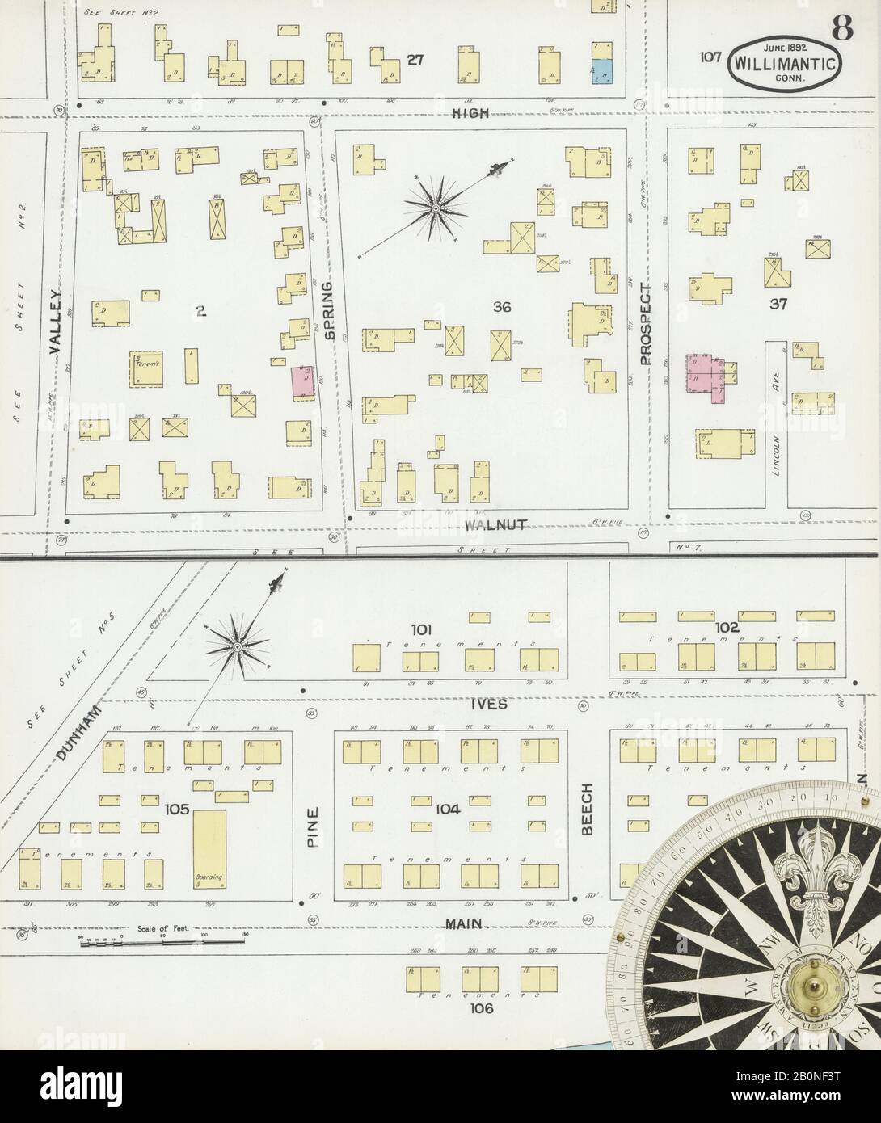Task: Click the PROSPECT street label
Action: (x=645, y=323)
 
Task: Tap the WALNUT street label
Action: (x=496, y=525)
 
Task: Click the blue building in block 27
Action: (x=601, y=72)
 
